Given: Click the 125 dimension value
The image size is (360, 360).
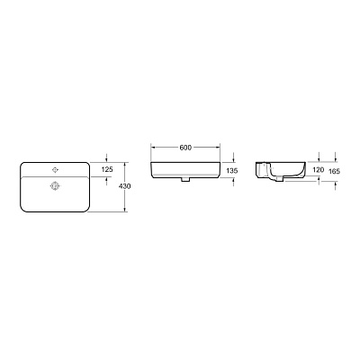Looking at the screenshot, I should [107, 168].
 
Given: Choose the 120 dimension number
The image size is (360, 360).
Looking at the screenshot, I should [318, 169].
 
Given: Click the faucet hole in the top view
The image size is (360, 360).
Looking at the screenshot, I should [54, 168].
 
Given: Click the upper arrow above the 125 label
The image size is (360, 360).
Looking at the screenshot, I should [107, 158].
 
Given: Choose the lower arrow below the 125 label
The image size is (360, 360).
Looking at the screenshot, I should [107, 179].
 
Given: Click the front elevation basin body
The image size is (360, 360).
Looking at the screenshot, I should [186, 169].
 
